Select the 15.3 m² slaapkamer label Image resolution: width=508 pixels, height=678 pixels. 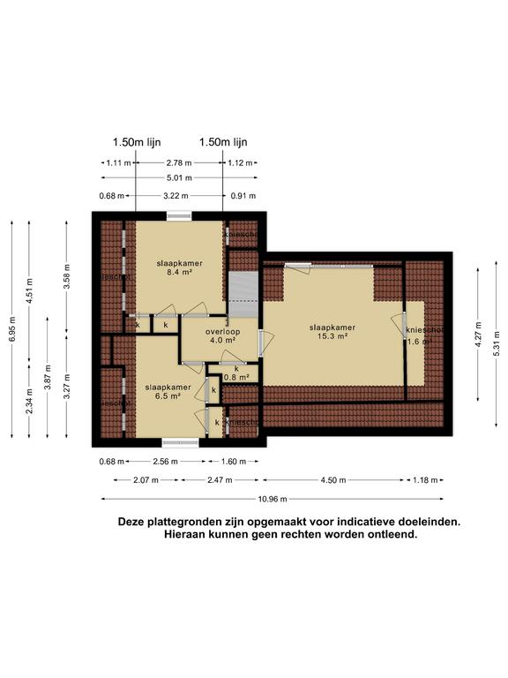tap(331, 331)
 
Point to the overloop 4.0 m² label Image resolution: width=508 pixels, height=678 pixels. tap(220, 335)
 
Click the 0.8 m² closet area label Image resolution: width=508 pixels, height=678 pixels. tap(236, 373)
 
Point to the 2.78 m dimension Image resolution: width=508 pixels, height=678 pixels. tap(178, 163)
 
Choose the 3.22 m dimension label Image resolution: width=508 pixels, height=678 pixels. tap(178, 196)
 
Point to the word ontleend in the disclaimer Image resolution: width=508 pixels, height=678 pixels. tap(387, 535)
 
